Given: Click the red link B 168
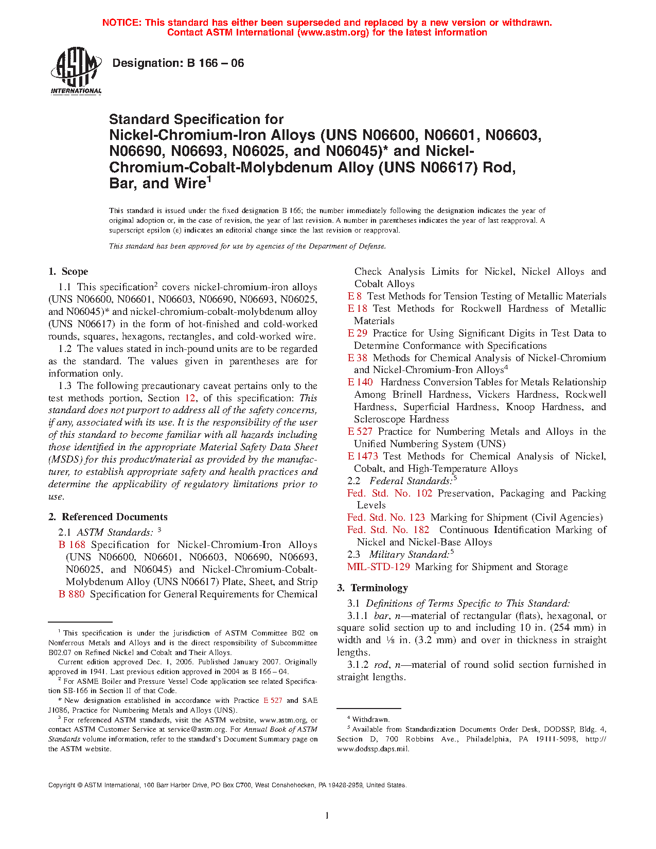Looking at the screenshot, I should [72, 544].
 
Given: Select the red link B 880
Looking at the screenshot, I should [72, 594].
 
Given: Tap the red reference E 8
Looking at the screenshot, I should [354, 296].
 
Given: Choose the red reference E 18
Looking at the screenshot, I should [358, 308].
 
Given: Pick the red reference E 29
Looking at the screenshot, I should [358, 333].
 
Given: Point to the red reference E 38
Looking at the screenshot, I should [358, 358].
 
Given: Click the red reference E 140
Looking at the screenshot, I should [360, 382].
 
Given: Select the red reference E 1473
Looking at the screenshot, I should [363, 456].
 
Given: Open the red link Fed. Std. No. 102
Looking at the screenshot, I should [389, 493].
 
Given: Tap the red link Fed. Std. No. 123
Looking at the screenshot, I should [386, 517].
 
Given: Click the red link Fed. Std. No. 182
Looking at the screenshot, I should [388, 529].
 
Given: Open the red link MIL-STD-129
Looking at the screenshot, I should [379, 567].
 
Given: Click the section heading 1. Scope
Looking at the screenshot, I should [68, 271].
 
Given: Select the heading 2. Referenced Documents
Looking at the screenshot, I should [108, 517].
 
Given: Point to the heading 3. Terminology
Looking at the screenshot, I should [373, 588].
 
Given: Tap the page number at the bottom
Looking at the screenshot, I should [327, 815].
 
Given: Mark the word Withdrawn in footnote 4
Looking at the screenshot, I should [371, 719].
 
